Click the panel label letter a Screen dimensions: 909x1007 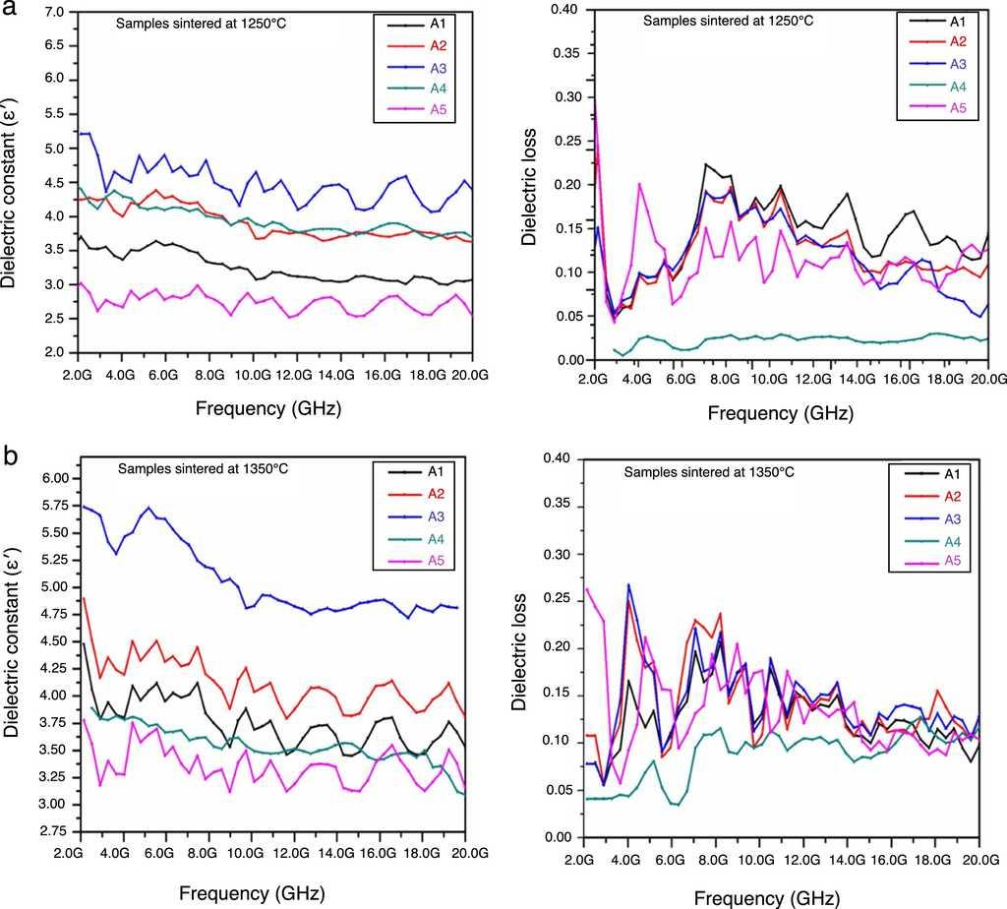10,14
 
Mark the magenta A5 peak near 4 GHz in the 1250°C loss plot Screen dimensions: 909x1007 639,183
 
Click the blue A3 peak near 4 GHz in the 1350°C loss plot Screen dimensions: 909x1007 628,584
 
